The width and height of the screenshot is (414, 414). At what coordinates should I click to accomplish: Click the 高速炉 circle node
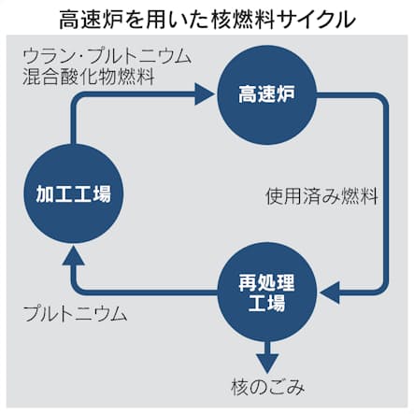point(266,94)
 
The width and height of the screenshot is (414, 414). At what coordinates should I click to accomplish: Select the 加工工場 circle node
point(74,193)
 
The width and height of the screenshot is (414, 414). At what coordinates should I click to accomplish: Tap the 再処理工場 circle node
point(266,293)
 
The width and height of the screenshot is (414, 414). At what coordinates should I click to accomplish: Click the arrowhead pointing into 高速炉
point(205,94)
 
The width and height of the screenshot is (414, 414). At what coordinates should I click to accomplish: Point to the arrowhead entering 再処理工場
point(329,293)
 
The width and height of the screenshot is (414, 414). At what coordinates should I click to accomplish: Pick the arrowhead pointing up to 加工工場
point(74,255)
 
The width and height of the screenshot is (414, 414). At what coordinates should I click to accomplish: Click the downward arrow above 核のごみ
point(267,358)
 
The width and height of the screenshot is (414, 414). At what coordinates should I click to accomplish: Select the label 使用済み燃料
point(321,196)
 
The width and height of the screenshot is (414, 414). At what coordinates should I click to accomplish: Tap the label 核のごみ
point(267,388)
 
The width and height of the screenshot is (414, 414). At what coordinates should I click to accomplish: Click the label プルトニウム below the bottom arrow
point(76,313)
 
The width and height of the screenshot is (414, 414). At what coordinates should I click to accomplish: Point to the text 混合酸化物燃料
point(89,77)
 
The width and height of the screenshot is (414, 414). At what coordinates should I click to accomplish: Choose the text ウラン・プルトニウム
point(107,57)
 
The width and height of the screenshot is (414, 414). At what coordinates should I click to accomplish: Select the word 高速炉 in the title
point(89,20)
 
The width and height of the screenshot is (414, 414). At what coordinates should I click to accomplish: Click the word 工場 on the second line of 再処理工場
point(266,303)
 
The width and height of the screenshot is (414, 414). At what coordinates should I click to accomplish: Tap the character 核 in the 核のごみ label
point(240,388)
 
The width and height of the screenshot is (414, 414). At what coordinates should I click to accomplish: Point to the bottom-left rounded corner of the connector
point(78,288)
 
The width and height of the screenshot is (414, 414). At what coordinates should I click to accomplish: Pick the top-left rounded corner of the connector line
point(78,98)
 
